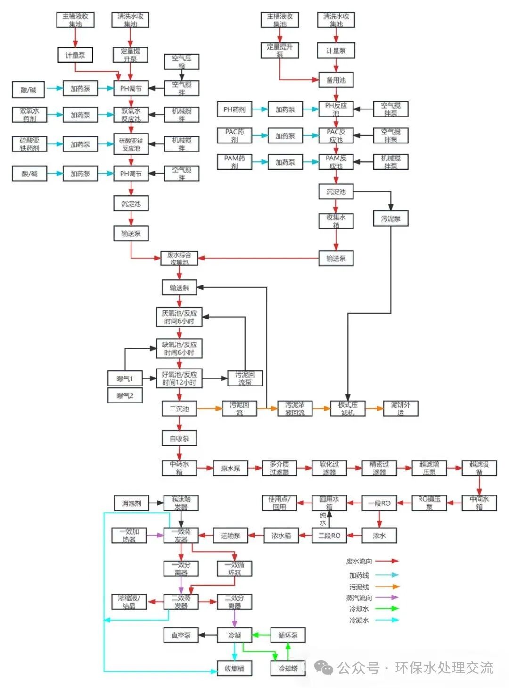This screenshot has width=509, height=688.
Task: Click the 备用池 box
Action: coord(336,80)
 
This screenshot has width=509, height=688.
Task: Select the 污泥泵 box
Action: coord(390,218)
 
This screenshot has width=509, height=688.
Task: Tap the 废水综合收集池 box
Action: coord(179,258)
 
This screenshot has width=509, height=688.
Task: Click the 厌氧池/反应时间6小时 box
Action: coord(179,317)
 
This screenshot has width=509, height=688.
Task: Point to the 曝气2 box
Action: coord(125,395)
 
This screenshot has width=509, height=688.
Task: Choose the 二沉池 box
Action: coord(179,409)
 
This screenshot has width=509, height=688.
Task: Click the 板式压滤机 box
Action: coord(348,409)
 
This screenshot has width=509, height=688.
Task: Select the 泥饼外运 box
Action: coord(400,409)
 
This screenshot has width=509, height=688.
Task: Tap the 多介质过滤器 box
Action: coord(279,468)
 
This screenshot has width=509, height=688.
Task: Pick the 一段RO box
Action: coord(379,503)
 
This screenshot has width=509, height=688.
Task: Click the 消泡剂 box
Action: coord(131,503)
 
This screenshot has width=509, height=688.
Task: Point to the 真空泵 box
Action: coord(181,635)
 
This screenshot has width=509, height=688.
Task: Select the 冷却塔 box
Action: coord(287,668)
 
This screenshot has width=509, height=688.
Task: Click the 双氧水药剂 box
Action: coord(29,115)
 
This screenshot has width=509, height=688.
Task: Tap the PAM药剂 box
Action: coord(234,162)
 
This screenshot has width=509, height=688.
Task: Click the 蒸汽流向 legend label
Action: coord(359,598)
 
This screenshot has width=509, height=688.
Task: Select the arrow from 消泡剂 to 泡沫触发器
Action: coord(156,503)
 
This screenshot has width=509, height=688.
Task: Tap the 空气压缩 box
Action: coord(181,61)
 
